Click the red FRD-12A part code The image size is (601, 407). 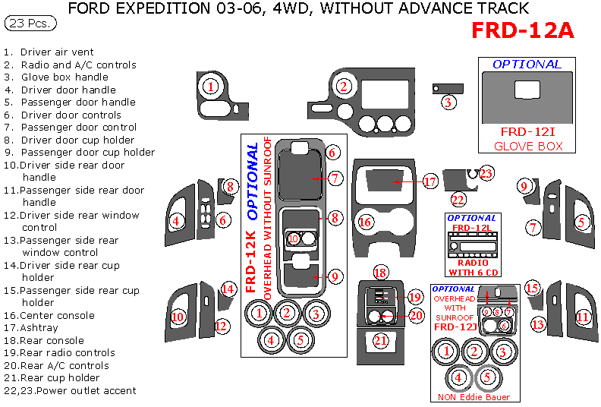[523, 30]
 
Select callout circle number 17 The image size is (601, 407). [430, 182]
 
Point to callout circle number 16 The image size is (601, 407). [366, 222]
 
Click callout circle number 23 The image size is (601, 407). [486, 174]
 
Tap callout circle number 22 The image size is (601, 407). [458, 200]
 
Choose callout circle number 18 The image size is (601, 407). [380, 273]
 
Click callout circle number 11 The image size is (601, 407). [583, 317]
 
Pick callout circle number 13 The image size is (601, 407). [537, 324]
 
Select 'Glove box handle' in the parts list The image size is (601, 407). [65, 77]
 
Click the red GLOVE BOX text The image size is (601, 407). [528, 146]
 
